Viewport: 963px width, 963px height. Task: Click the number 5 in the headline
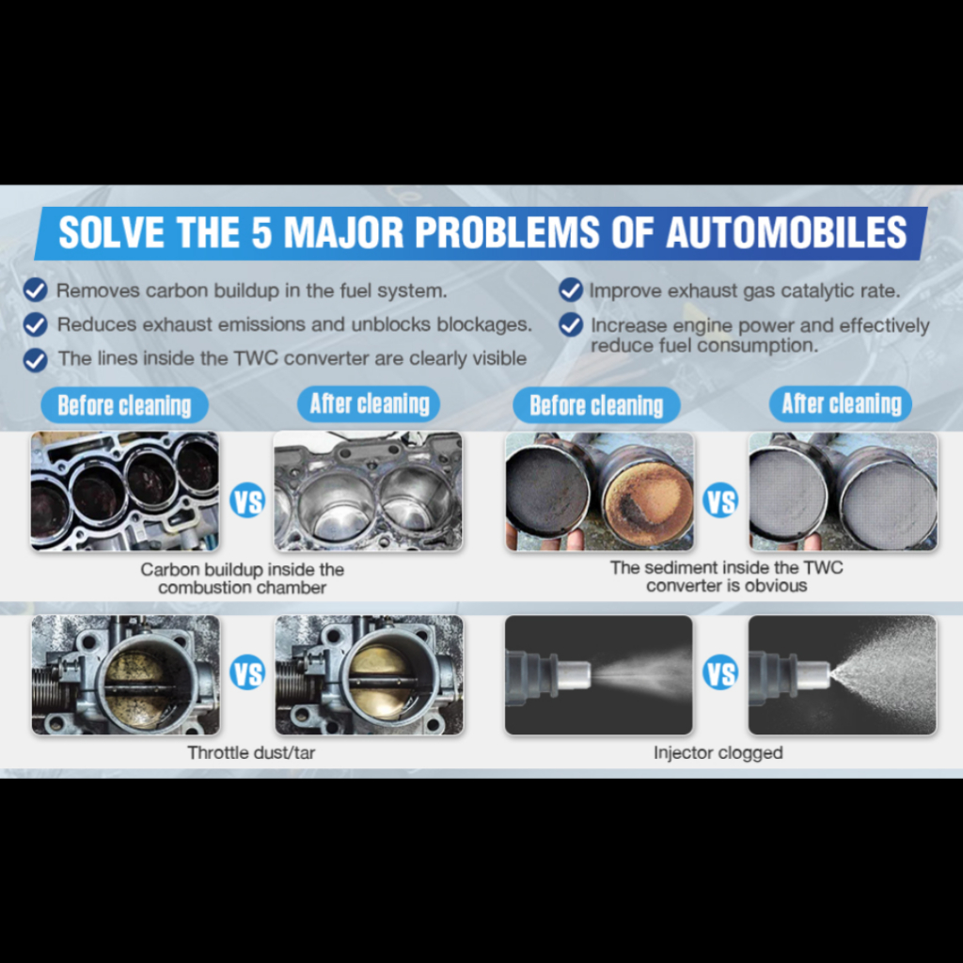coord(261,232)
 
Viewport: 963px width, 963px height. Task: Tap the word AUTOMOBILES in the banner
coord(786,232)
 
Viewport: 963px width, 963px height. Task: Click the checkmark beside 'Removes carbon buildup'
coord(35,290)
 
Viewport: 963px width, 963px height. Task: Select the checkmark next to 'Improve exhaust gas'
coord(571,290)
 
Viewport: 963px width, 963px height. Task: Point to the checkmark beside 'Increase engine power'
coord(571,324)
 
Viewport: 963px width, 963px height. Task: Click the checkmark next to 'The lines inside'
coord(35,360)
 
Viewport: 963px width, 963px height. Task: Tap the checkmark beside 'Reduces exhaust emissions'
coord(35,324)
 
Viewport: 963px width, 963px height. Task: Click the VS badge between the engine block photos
coord(247,501)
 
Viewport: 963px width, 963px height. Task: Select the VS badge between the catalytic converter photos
coord(720,501)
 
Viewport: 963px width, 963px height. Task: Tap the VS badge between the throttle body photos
coord(247,673)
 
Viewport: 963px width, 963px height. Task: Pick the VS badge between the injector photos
coord(720,673)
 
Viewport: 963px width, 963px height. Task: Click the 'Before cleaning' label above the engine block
coord(125,405)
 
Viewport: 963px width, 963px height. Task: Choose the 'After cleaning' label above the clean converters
coord(841,404)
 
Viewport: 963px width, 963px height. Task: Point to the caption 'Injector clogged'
coord(718,753)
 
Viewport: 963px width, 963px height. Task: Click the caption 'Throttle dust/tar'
coord(251,753)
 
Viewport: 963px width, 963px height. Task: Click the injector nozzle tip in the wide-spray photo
coord(820,673)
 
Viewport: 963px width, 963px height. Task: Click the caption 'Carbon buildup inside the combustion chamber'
coord(242,578)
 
